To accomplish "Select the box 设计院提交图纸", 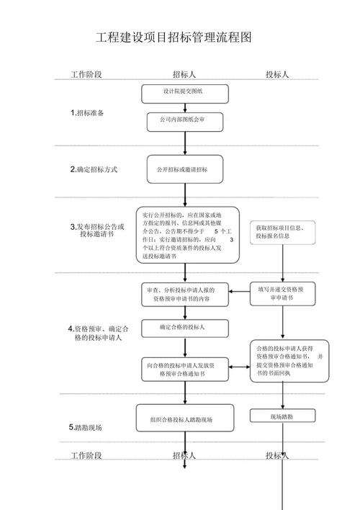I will [185, 92].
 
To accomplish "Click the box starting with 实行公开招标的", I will [186, 235].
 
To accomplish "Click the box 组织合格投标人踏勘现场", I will [185, 419].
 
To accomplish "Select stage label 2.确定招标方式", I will [93, 170].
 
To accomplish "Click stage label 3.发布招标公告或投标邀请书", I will [96, 231].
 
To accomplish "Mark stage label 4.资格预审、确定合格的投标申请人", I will [98, 333].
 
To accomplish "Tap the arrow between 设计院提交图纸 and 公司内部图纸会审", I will [185, 107].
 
